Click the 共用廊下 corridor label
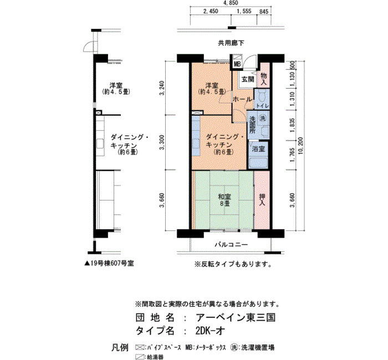pyautogui.click(x=231, y=43)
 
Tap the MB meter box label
pyautogui.click(x=237, y=64)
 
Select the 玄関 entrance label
pyautogui.click(x=248, y=79)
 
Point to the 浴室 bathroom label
pyautogui.click(x=259, y=149)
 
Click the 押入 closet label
pyautogui.click(x=262, y=200)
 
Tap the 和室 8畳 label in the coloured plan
pyautogui.click(x=224, y=200)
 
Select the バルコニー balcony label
pyautogui.click(x=231, y=245)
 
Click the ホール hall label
pyautogui.click(x=243, y=100)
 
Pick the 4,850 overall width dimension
pyautogui.click(x=231, y=3)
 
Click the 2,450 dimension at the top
pyautogui.click(x=211, y=12)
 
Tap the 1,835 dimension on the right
pyautogui.click(x=293, y=125)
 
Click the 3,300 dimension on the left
pyautogui.click(x=162, y=142)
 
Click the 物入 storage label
pyautogui.click(x=263, y=79)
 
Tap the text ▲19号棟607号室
pyautogui.click(x=109, y=264)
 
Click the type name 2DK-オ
pyautogui.click(x=210, y=331)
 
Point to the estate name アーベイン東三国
pyautogui.click(x=236, y=317)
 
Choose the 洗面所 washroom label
pyautogui.click(x=252, y=125)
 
